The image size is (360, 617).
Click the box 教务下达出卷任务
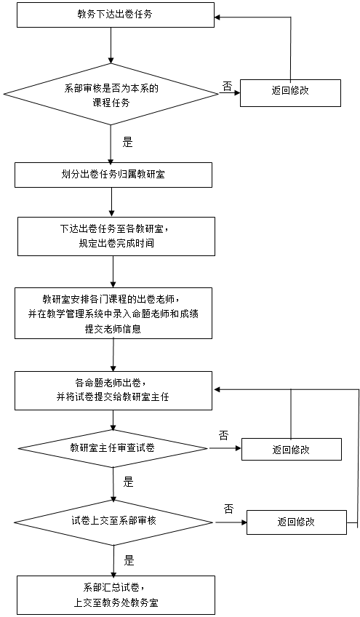116,15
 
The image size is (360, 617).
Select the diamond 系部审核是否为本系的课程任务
111,94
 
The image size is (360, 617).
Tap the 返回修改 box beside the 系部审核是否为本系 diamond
290,93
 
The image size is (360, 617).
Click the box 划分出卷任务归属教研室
113,175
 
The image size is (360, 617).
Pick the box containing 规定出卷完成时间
116,236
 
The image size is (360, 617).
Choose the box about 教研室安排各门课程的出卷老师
113,313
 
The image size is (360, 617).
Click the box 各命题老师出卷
113,391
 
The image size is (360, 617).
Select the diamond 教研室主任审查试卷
113,447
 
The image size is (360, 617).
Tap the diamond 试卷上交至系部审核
113,522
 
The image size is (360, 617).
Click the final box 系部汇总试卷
116,595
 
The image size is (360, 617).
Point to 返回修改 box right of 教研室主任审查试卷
292,450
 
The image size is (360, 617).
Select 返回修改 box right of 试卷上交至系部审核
297,522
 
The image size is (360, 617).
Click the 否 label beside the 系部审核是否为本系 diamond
228,87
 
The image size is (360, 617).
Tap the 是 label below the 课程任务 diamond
127,142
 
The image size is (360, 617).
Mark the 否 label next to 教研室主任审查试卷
223,435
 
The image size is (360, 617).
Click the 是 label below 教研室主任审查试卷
129,482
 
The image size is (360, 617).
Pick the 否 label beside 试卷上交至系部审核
228,509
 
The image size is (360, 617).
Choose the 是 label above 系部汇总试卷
129,560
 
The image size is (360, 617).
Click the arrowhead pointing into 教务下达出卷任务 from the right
217,17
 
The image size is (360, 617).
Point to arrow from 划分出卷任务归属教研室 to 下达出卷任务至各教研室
112,202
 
